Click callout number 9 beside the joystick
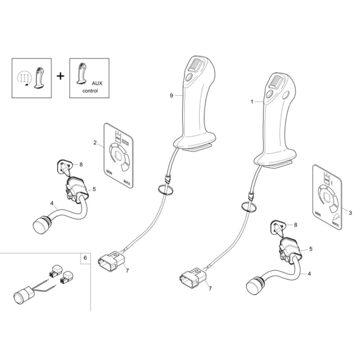pyautogui.click(x=171, y=95)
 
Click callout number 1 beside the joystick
pyautogui.click(x=252, y=102)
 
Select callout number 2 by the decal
pyautogui.click(x=95, y=143)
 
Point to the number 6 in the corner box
pyautogui.click(x=85, y=258)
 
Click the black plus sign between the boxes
pyautogui.click(x=61, y=76)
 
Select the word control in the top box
pyautogui.click(x=90, y=91)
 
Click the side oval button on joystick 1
pyautogui.click(x=287, y=95)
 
